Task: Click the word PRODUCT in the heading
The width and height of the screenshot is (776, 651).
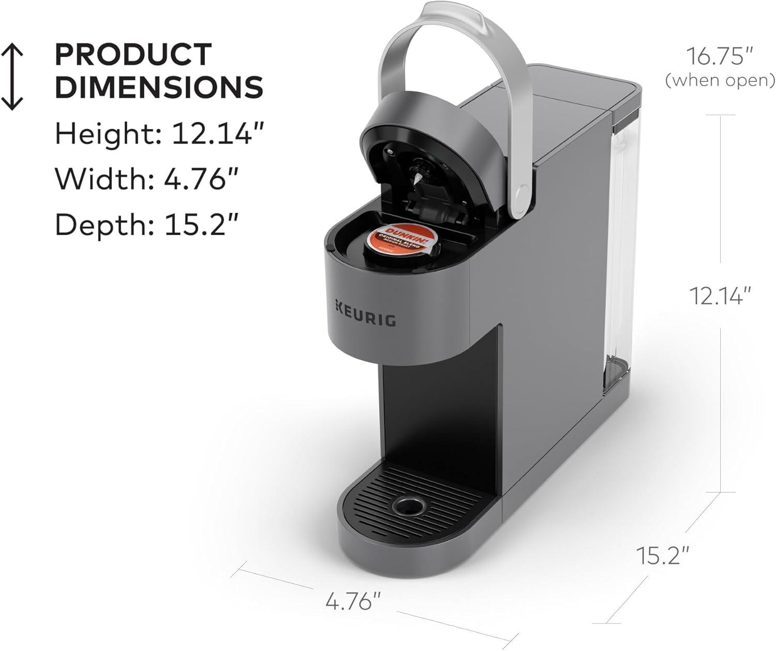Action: coord(133,55)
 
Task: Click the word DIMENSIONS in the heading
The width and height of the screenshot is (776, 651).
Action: coord(159,87)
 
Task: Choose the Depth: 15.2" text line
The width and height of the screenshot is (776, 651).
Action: coord(147,224)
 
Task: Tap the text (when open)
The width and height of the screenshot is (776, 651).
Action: coord(720,80)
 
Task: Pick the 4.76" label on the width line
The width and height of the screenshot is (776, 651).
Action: coord(353,602)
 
